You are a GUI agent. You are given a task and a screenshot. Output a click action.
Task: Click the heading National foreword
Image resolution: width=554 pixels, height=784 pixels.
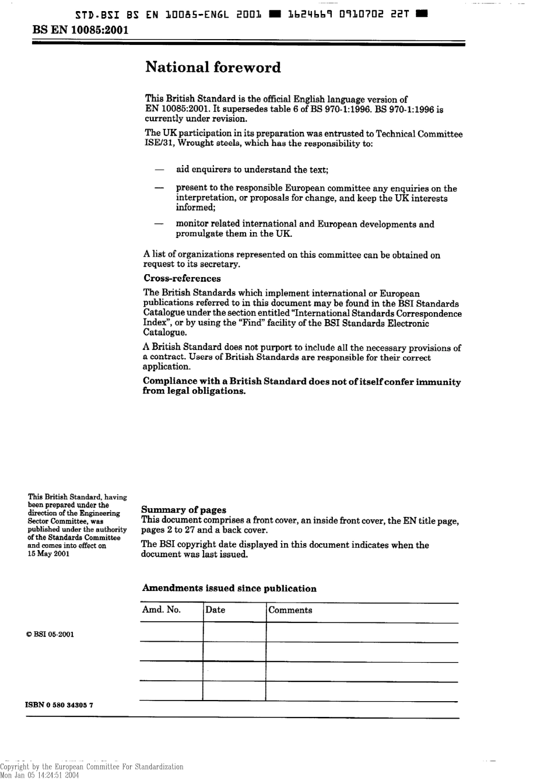213,68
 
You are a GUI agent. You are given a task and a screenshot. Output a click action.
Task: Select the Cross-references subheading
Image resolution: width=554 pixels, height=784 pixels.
182,279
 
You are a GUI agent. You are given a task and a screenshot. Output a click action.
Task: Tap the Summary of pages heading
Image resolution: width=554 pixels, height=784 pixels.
184,510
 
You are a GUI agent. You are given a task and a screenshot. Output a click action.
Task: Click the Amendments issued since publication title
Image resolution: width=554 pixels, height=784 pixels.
229,589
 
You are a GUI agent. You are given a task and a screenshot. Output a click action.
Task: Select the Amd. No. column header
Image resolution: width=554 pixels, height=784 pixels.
162,610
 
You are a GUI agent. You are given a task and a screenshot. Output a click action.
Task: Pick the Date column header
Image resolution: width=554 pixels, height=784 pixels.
215,610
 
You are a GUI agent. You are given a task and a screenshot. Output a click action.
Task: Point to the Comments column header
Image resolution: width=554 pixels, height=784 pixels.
290,611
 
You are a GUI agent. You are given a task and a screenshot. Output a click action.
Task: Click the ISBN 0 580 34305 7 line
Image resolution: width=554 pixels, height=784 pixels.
59,705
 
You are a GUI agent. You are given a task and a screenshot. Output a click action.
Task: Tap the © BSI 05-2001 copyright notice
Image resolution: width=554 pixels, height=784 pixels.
50,635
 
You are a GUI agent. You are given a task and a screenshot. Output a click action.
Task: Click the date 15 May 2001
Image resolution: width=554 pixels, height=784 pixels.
48,554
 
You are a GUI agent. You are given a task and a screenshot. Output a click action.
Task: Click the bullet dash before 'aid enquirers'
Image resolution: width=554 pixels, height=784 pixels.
158,170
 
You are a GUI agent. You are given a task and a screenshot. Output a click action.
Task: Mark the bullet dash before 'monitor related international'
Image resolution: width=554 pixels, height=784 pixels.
158,224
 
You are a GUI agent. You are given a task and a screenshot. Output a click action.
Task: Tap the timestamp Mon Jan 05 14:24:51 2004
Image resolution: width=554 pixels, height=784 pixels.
39,775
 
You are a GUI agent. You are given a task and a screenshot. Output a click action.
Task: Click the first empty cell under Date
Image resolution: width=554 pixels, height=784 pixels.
234,632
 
